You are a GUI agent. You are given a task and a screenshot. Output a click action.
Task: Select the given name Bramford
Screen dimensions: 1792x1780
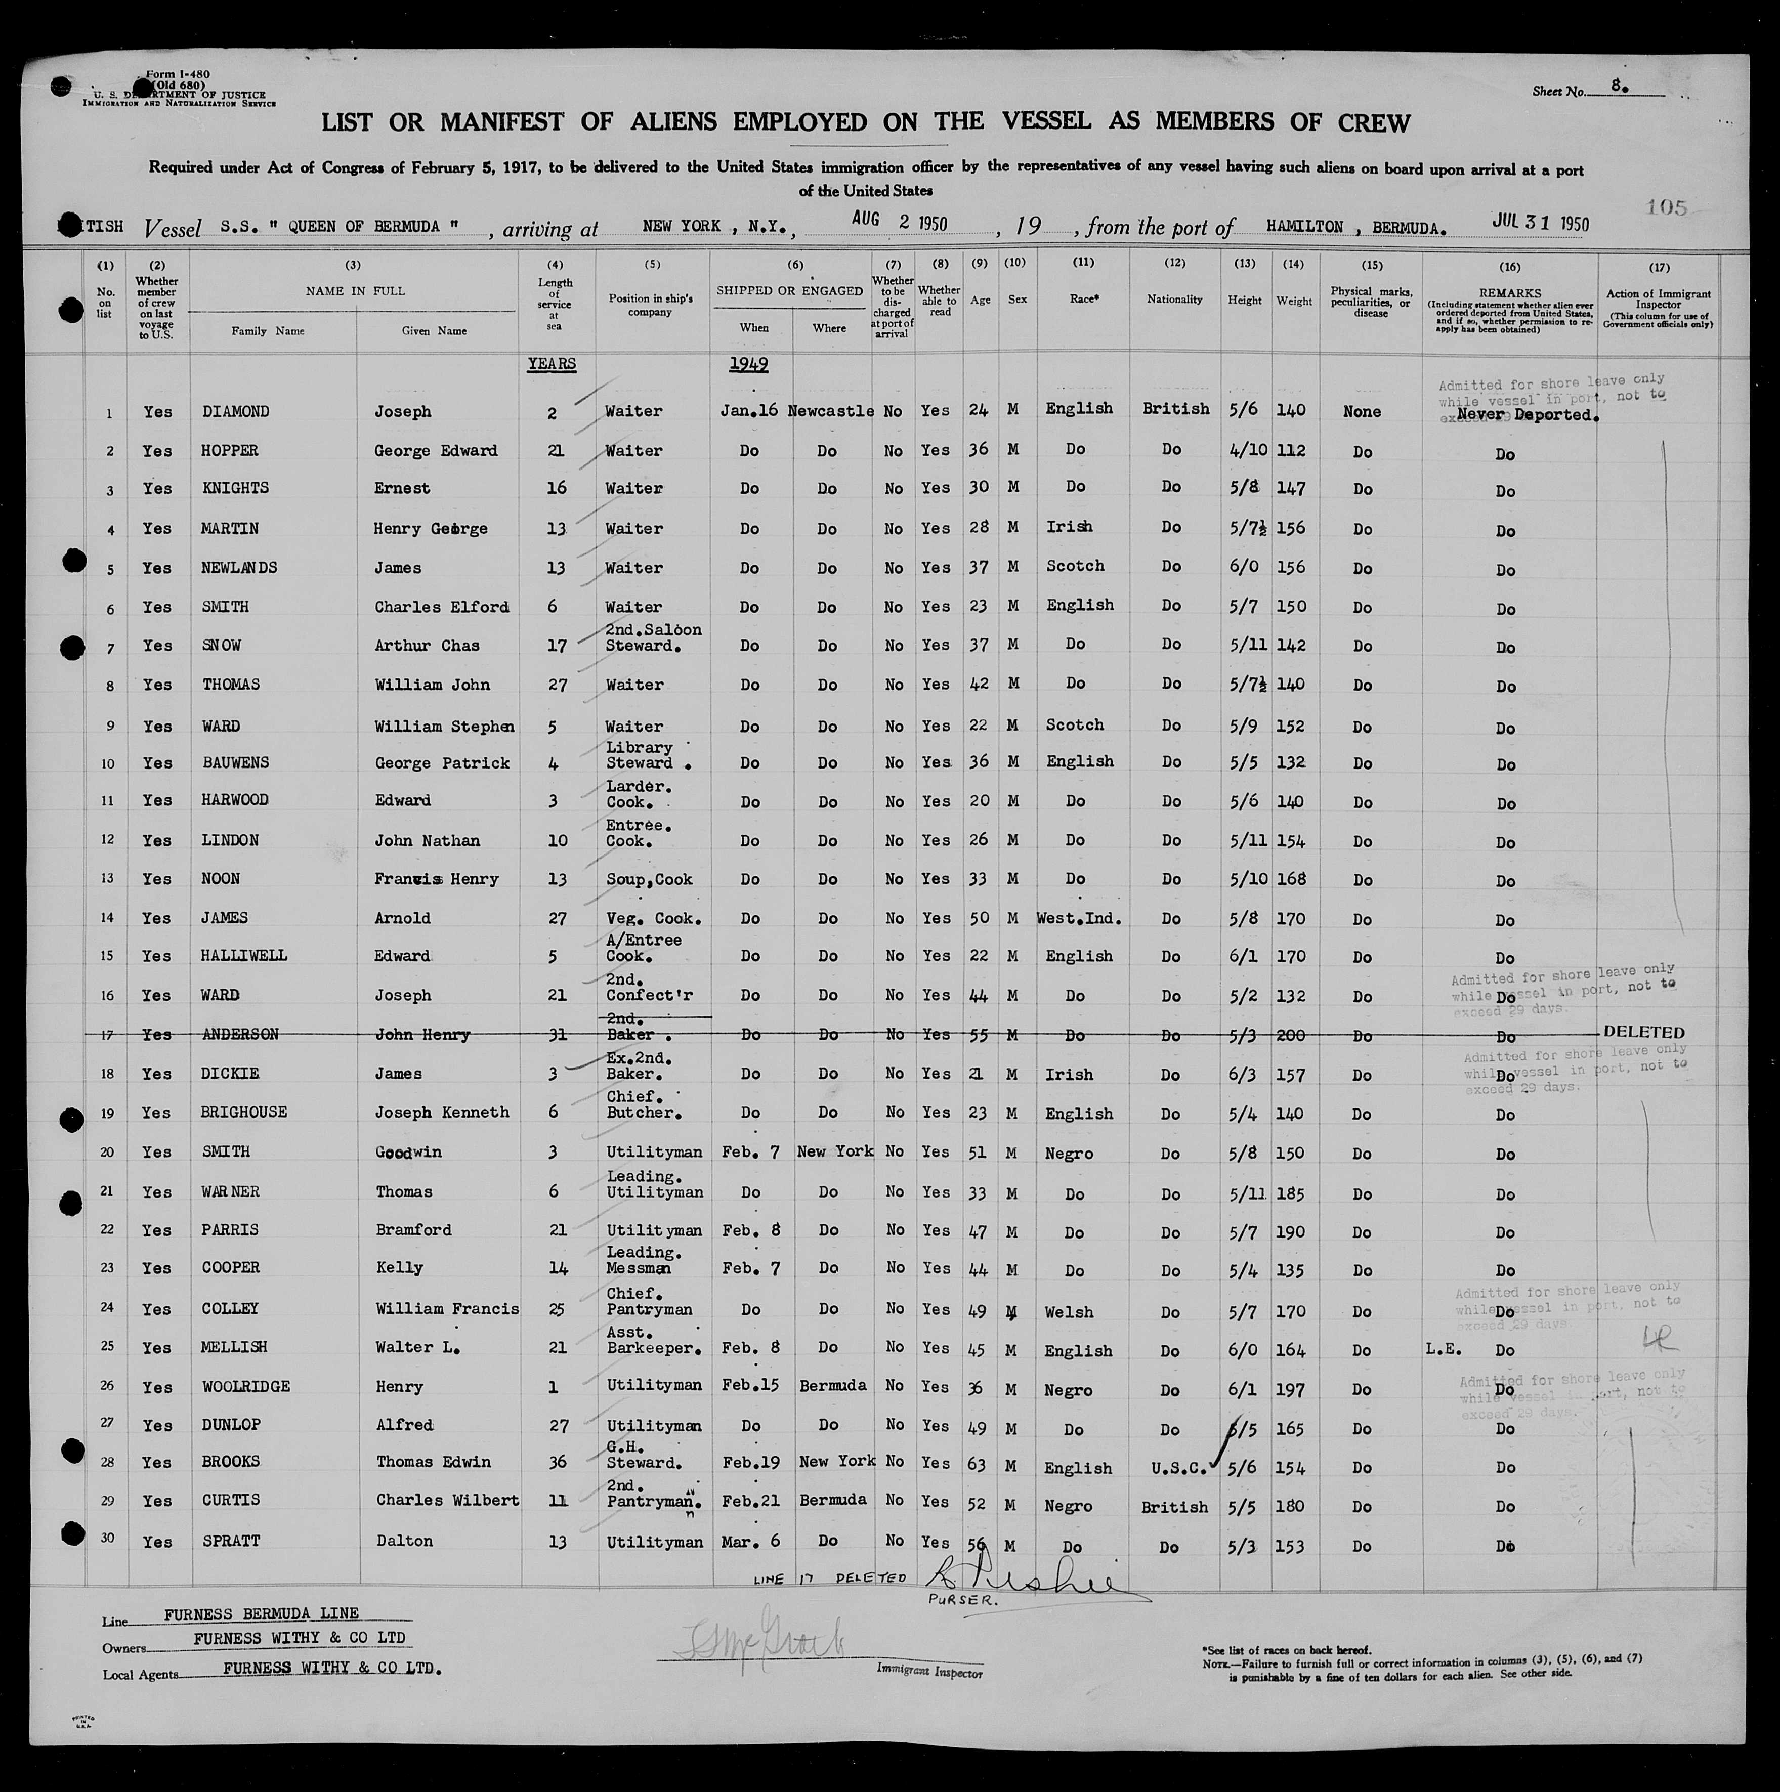[x=413, y=1230]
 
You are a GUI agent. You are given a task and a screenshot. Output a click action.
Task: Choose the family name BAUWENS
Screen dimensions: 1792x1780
[x=236, y=762]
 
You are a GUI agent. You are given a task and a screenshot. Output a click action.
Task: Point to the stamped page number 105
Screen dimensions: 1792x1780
[x=1666, y=207]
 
